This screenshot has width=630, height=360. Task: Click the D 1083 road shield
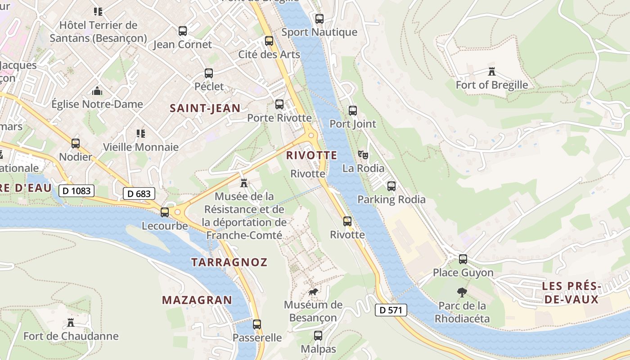76,191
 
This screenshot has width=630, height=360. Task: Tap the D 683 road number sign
139,194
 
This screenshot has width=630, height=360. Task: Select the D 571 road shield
391,310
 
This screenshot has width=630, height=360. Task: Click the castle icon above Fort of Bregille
491,72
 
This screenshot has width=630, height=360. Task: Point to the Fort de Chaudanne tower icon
71,323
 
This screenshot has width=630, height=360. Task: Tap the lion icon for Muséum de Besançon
313,292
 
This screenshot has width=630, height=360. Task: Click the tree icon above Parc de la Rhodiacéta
462,292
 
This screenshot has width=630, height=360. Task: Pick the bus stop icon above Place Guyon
463,259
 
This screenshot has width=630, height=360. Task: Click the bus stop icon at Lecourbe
165,212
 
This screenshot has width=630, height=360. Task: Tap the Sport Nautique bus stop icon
319,19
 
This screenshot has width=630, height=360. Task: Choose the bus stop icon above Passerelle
257,324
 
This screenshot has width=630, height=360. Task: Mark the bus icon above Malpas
318,336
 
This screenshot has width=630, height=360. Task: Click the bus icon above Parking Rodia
391,186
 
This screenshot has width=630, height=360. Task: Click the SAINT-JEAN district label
205,108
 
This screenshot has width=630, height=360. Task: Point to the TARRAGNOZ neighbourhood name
229,262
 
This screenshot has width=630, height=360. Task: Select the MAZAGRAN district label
197,300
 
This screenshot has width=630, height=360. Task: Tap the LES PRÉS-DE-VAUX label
571,292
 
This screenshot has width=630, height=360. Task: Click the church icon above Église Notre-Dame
97,91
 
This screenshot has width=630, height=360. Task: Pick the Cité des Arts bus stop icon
269,41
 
